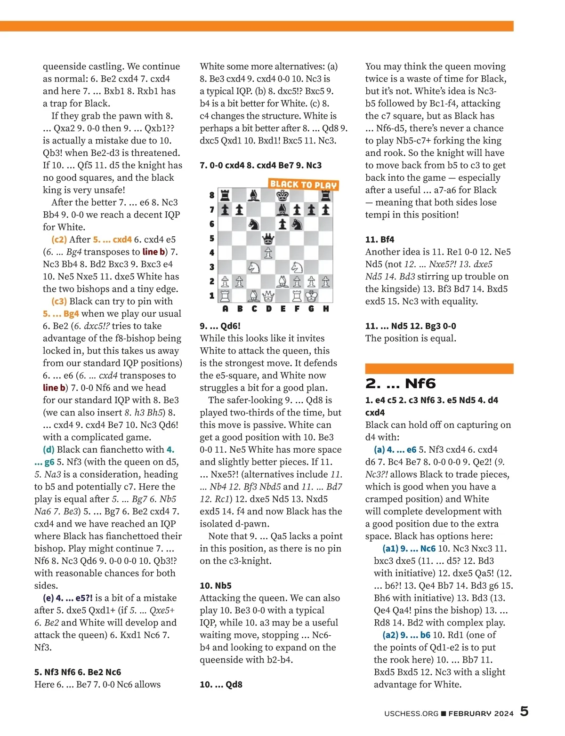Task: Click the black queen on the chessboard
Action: point(268,238)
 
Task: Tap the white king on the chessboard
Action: point(311,296)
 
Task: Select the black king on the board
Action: point(282,195)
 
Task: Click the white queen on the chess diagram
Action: point(268,296)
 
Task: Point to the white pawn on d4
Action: point(268,253)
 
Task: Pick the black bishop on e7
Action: point(282,209)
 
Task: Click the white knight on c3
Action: point(254,267)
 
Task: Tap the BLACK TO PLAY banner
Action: point(304,184)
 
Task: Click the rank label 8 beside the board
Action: point(212,195)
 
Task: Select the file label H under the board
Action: point(326,309)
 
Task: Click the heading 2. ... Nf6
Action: point(400,384)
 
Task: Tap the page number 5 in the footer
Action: point(524,711)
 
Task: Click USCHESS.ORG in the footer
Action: point(411,713)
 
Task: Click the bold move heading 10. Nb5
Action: point(216,585)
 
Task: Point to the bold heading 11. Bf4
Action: point(379,239)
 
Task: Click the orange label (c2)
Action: point(59,239)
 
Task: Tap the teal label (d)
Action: point(48,449)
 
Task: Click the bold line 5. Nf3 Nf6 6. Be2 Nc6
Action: point(78,672)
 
